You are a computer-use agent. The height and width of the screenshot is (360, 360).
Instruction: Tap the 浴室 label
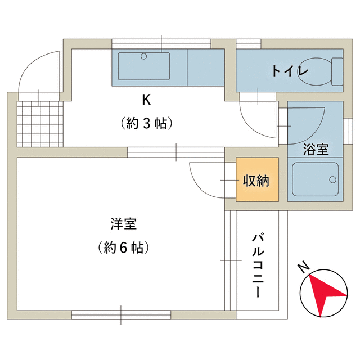coord(316,150)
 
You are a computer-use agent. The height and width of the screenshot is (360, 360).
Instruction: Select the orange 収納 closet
coord(257,181)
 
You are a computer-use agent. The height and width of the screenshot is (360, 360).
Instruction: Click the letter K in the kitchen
coord(146,100)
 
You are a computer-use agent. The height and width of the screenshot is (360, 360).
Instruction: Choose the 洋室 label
coord(123,224)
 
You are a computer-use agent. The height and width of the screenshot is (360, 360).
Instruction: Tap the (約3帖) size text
coord(146,123)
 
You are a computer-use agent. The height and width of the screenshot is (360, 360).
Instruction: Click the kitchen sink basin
coord(144,66)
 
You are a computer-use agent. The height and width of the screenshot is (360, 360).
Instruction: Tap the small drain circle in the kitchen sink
coord(144,56)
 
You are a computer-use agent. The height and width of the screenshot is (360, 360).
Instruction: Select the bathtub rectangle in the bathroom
coord(315,179)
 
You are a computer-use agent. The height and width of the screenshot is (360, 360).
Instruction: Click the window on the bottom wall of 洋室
coord(121,314)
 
